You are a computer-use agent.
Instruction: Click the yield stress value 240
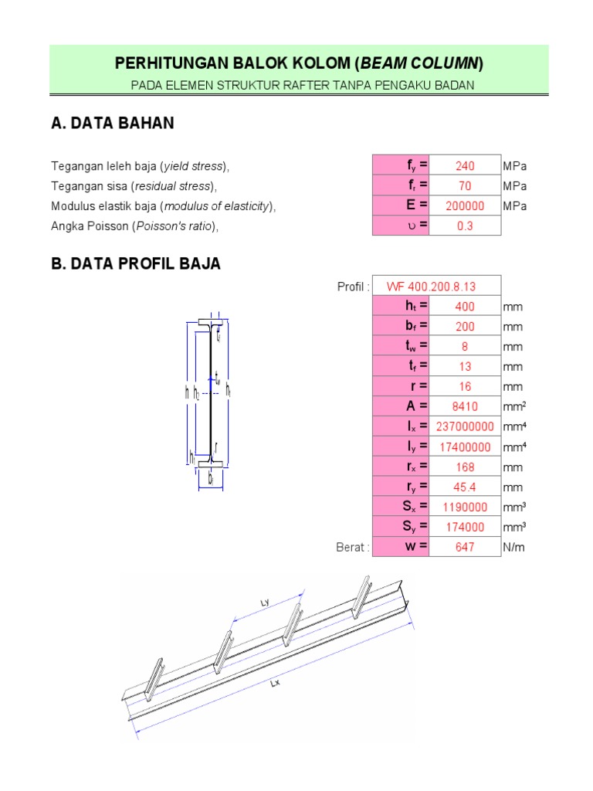pyautogui.click(x=465, y=166)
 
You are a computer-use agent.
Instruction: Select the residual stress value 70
pyautogui.click(x=465, y=186)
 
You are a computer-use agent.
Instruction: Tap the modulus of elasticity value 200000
pyautogui.click(x=465, y=206)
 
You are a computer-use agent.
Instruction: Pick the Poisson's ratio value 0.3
pyautogui.click(x=465, y=226)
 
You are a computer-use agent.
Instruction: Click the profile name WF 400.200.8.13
pyautogui.click(x=436, y=287)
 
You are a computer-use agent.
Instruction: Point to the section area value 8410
pyautogui.click(x=465, y=407)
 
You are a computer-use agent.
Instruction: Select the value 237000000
pyautogui.click(x=465, y=427)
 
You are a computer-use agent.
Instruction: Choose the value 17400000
pyautogui.click(x=465, y=447)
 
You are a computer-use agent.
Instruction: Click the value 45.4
pyautogui.click(x=465, y=487)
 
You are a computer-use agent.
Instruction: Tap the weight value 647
pyautogui.click(x=465, y=548)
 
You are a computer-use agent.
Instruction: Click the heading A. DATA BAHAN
pyautogui.click(x=112, y=124)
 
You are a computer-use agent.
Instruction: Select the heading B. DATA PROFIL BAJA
pyautogui.click(x=136, y=264)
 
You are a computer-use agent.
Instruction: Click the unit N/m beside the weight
pyautogui.click(x=513, y=548)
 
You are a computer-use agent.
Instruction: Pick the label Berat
pyautogui.click(x=353, y=548)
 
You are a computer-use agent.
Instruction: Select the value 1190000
pyautogui.click(x=465, y=508)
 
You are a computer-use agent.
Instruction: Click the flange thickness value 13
pyautogui.click(x=465, y=367)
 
